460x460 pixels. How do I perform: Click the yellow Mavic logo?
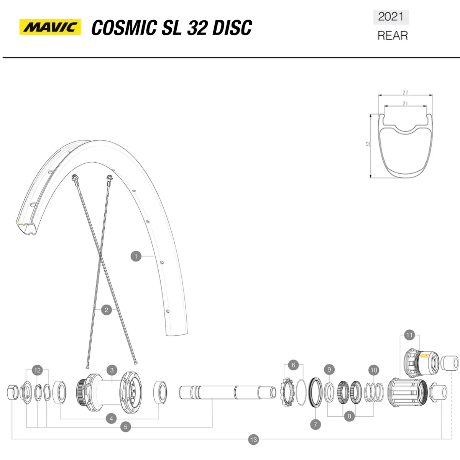coord(50,27)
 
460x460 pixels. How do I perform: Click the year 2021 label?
coord(391,17)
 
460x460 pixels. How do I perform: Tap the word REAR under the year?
coord(392,36)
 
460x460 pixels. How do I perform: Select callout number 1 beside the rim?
coord(136,256)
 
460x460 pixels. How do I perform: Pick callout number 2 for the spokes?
coord(107,310)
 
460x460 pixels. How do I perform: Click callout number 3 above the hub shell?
coord(112,370)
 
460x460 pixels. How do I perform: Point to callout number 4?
coord(112,418)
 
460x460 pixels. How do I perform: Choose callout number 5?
coord(125,427)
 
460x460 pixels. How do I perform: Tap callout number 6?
coord(293,365)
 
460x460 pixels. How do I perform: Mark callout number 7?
coord(315,424)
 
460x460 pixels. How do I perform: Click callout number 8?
coord(349,416)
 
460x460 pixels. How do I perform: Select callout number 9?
coord(329,370)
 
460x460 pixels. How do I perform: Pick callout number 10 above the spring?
coord(374,370)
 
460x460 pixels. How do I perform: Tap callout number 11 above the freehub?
coord(409,335)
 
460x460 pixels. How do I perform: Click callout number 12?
coord(37,370)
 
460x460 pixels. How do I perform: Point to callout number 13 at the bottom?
coord(253,440)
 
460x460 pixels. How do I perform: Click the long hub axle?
coord(227,392)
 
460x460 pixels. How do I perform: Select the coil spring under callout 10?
coord(373,392)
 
